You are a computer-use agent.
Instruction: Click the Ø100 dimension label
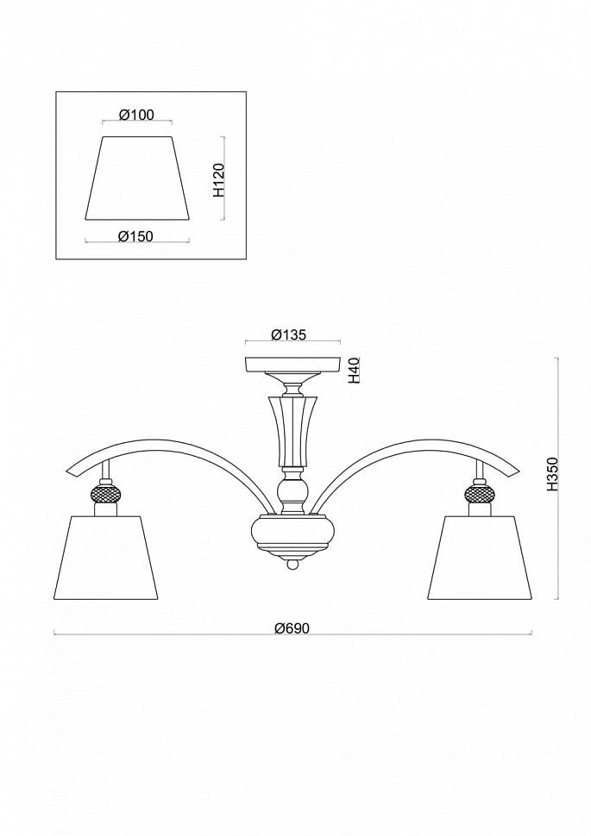136,115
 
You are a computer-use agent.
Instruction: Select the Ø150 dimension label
136,236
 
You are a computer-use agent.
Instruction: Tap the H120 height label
218,180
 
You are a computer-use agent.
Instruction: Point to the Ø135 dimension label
288,334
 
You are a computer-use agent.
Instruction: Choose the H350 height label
552,473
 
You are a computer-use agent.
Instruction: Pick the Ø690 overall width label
292,628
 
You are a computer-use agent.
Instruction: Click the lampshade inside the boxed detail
138,178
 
